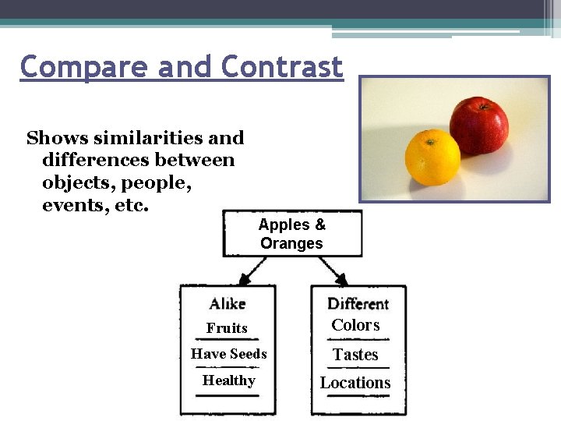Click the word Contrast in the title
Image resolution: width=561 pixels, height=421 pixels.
pos(281,67)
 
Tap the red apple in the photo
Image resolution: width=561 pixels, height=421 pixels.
pos(478,126)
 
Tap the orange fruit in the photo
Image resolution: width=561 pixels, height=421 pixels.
pos(432,157)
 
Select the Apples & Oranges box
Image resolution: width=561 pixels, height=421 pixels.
pos(292,234)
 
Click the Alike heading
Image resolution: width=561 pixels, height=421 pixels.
pos(227,303)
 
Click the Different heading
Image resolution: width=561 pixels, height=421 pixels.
pos(358,303)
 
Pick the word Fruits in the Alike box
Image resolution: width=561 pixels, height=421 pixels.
pos(227,328)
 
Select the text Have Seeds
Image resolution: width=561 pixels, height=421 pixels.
pos(228,354)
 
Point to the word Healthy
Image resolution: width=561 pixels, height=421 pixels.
pos(228,380)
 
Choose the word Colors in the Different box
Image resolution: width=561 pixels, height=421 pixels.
pos(355,325)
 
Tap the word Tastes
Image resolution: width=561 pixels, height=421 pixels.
pos(355,355)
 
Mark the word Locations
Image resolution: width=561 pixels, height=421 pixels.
pos(355,383)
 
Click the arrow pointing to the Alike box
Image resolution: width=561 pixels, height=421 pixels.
pos(251,271)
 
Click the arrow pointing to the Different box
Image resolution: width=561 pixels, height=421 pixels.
pos(335,271)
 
